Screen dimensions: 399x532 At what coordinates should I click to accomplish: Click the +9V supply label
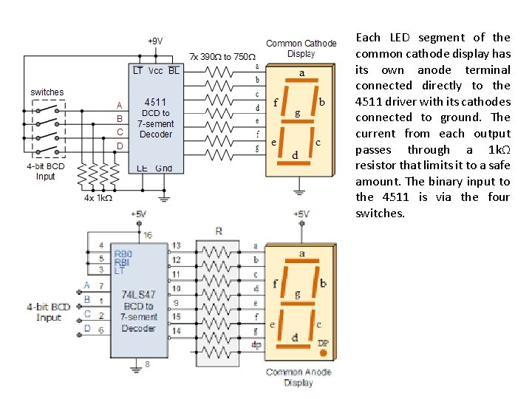point(154,41)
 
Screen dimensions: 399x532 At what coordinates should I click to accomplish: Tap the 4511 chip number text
point(155,102)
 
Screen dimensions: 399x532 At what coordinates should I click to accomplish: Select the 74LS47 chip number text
point(138,294)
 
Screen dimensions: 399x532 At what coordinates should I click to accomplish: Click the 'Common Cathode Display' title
point(301,49)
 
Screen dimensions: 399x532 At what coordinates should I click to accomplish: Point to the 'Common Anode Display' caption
point(299,377)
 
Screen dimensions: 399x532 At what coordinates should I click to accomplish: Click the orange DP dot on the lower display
point(323,353)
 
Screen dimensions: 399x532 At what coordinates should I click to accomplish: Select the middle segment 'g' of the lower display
point(298,304)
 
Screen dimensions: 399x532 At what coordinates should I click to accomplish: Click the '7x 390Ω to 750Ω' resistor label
point(222,56)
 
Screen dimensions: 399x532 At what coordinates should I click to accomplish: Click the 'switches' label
point(47,92)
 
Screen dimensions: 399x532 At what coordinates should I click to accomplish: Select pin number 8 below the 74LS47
point(147,364)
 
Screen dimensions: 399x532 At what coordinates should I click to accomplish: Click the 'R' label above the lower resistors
point(218,231)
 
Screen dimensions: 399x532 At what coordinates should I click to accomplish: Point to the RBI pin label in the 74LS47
point(122,262)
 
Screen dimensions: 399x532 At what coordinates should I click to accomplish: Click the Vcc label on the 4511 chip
point(155,71)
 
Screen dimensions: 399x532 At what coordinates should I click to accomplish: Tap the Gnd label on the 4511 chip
point(164,168)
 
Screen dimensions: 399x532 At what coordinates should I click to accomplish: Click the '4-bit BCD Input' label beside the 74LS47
point(48,311)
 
